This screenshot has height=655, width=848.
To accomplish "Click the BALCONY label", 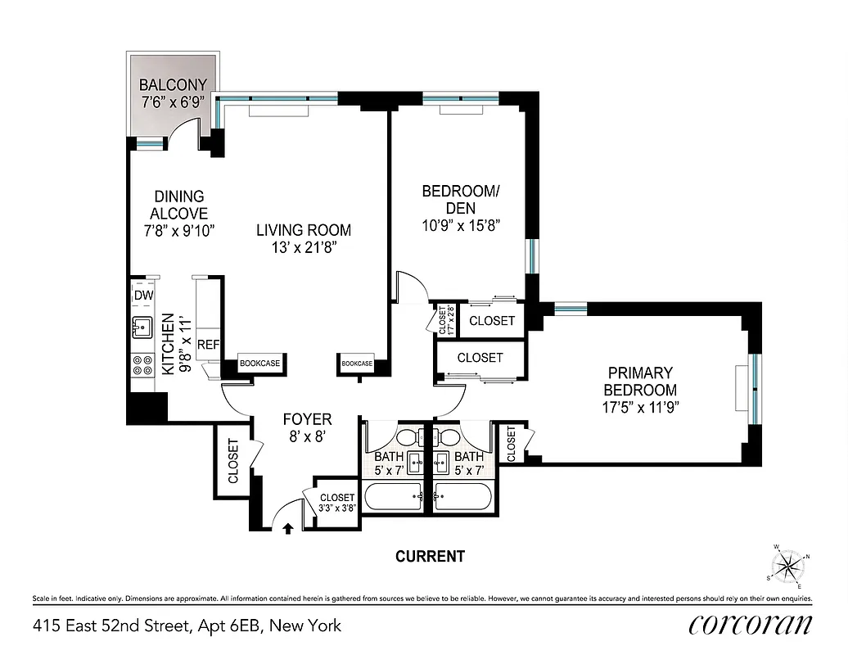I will pyautogui.click(x=172, y=84).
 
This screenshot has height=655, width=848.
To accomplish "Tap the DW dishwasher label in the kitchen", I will pyautogui.click(x=144, y=296).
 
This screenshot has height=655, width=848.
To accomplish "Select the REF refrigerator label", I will pyautogui.click(x=208, y=345).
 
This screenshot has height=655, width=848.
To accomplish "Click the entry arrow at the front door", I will pyautogui.click(x=287, y=528).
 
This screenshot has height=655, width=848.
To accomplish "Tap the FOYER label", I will pyautogui.click(x=307, y=419).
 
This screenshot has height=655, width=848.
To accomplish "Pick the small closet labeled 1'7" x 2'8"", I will pyautogui.click(x=443, y=320).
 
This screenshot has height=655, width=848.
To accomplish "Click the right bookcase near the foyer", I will pyautogui.click(x=357, y=363).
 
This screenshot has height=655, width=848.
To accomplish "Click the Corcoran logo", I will pyautogui.click(x=751, y=625).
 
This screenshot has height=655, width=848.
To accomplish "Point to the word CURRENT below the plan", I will pyautogui.click(x=430, y=557).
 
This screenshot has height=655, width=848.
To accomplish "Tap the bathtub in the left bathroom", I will pyautogui.click(x=391, y=497).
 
